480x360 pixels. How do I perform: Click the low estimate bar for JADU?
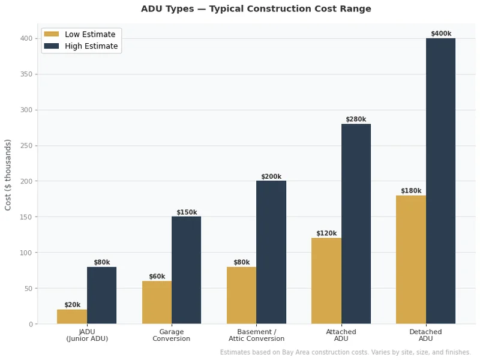[x=72, y=317]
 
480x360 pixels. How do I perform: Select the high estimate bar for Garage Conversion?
[x=186, y=270]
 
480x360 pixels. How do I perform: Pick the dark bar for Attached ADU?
[x=356, y=224]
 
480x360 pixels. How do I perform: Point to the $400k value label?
[x=441, y=34]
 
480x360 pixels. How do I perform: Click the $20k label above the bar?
[x=72, y=305]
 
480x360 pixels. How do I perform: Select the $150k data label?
[x=186, y=212]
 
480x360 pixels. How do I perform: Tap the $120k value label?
[x=326, y=233]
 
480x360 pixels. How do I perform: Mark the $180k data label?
[x=411, y=191]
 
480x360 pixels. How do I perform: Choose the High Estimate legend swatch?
[x=52, y=46]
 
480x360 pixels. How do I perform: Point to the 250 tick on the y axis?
[x=26, y=146]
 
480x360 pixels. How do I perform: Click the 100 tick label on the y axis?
[x=26, y=253]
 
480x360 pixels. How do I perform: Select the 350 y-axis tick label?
[x=26, y=74]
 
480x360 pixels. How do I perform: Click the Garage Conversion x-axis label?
[x=172, y=335]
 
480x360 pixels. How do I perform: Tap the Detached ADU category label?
[x=425, y=335]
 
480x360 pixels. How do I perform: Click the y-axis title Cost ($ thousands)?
[x=8, y=175]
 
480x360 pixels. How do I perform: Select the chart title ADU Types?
[x=256, y=9]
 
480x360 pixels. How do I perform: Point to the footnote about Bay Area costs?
[x=345, y=352]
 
